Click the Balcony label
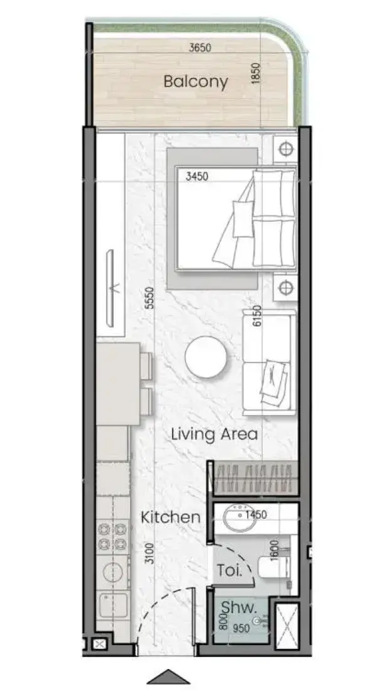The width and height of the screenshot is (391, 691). point(196,82)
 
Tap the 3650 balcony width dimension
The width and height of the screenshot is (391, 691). point(200,48)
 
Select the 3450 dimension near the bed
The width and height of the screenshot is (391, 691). point(197,177)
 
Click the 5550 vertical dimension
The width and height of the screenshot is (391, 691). point(150,298)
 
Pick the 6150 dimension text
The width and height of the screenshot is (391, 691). point(257,316)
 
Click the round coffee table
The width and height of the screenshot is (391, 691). point(206,357)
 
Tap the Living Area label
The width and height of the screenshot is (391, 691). point(214,434)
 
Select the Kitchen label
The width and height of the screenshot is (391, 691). point(171,518)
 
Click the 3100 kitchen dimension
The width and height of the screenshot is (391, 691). point(150,554)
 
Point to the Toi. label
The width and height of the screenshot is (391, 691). point(230,571)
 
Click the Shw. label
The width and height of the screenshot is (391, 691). point(238,608)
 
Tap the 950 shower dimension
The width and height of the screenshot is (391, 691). point(242,628)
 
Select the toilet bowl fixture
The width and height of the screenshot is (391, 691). point(274,568)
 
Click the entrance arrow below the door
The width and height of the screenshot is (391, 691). point(168,677)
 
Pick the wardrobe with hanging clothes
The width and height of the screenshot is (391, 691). point(253,478)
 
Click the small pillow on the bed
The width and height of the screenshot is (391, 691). point(244,219)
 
